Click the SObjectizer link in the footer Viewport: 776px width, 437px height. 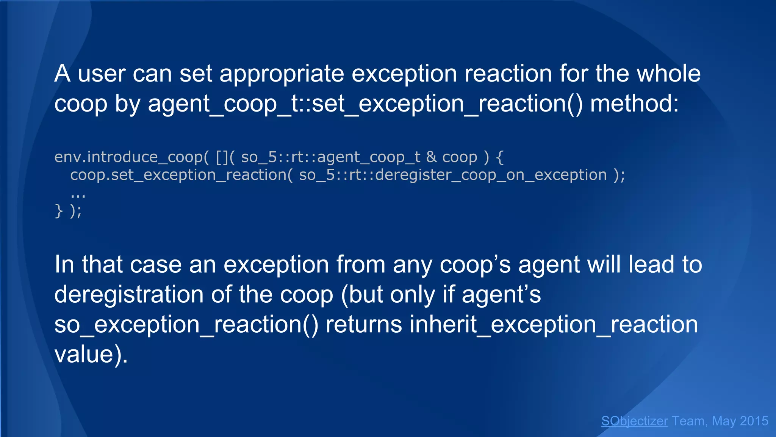[634, 421]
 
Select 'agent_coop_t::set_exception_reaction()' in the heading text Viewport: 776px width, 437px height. [365, 104]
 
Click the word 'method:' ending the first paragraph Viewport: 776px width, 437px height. [634, 104]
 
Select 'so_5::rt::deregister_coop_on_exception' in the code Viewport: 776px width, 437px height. [453, 175]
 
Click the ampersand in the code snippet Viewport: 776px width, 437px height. [432, 157]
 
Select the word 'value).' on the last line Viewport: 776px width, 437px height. [91, 354]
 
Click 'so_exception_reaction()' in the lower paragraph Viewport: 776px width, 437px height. [186, 325]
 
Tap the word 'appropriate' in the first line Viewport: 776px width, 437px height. [282, 74]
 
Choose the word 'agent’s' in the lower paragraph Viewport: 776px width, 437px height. [501, 295]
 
